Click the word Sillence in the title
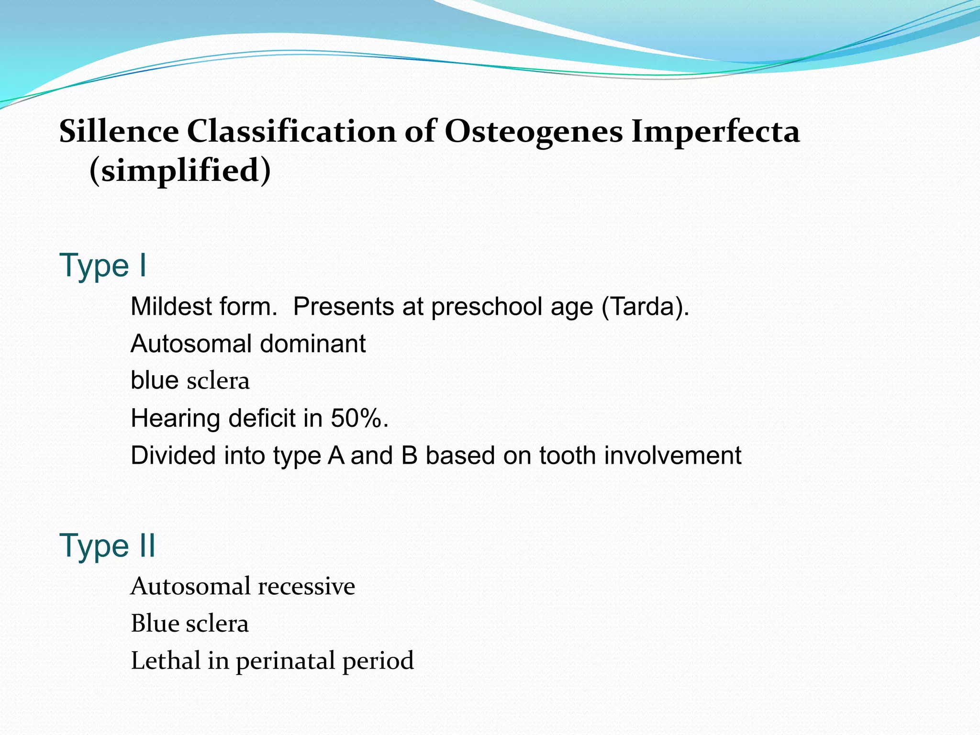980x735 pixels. coord(119,131)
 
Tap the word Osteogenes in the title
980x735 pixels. coord(534,131)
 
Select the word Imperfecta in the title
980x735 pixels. coord(715,131)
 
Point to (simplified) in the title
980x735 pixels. coord(180,170)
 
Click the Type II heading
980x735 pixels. coord(107,545)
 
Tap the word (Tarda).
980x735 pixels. coord(645,306)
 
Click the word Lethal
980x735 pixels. coord(166,661)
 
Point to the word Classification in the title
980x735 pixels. coord(291,131)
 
